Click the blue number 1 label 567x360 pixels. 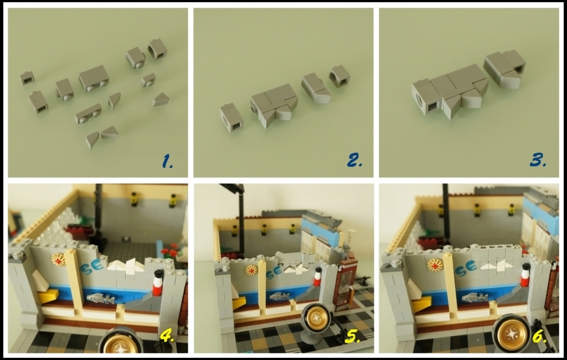[x=167, y=161]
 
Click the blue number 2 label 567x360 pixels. [x=354, y=160]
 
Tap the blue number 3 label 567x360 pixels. [x=538, y=160]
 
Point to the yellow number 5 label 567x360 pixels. [x=353, y=337]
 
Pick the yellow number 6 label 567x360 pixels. [x=539, y=337]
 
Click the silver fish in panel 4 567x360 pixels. [x=101, y=299]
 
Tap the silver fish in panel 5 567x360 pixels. [x=280, y=296]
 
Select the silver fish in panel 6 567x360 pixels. [x=475, y=298]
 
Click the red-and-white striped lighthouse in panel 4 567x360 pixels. [x=158, y=282]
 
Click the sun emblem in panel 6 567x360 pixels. [x=435, y=265]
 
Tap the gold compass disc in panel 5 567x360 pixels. [x=317, y=318]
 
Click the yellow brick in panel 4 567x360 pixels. [x=49, y=296]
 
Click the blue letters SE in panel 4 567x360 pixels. [x=92, y=268]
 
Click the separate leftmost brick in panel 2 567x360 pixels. [x=231, y=117]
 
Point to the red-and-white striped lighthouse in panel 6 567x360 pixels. [x=525, y=275]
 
